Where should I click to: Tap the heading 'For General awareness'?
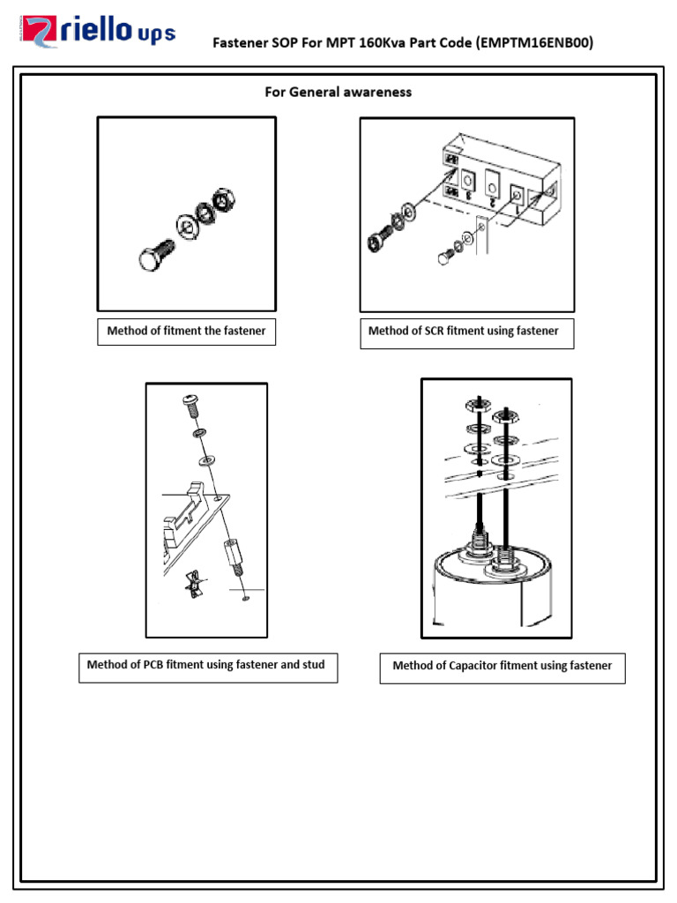[338, 92]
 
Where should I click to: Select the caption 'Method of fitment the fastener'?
[186, 332]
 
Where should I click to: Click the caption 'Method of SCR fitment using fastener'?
[464, 332]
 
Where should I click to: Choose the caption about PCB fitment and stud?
[206, 665]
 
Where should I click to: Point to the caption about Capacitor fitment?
[502, 666]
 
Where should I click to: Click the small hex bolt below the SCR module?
[443, 257]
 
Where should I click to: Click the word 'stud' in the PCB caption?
[310, 665]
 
